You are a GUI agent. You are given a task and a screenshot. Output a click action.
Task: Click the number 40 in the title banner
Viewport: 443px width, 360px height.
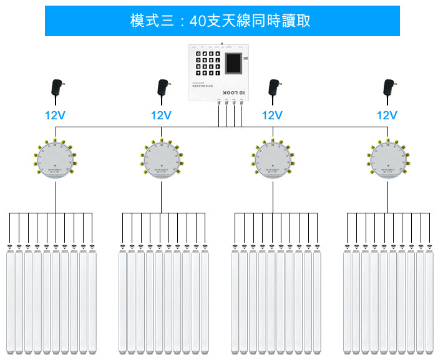(x=197, y=21)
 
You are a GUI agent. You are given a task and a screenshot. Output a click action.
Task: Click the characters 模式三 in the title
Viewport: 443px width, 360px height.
(x=148, y=21)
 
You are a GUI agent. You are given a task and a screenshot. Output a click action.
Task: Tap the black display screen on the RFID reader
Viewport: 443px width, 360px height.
(x=233, y=65)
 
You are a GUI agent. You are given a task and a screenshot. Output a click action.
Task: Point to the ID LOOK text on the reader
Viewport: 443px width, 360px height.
(x=234, y=92)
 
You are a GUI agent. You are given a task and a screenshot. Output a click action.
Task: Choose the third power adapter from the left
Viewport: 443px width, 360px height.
(x=273, y=89)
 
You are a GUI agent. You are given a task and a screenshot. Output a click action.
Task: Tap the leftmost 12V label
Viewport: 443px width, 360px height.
(x=55, y=115)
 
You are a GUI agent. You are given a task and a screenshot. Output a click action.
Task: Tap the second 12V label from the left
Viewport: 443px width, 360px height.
(x=161, y=115)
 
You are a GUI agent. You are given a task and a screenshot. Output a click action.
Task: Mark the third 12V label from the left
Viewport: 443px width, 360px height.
(x=272, y=115)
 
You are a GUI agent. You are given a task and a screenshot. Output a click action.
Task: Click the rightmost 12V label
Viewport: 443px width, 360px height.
(x=387, y=115)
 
